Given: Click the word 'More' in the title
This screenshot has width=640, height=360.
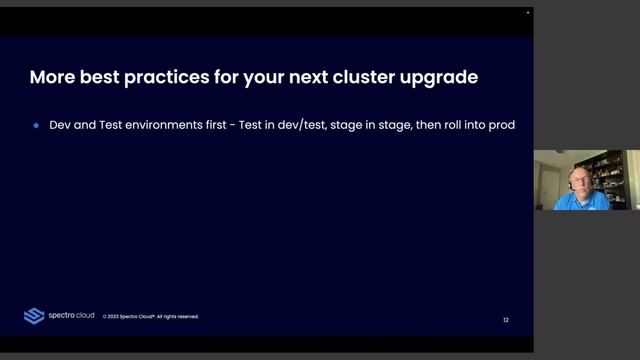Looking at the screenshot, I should [51, 76].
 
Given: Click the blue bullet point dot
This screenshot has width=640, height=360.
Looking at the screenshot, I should [36, 127].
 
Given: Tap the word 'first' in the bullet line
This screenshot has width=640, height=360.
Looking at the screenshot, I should [219, 127].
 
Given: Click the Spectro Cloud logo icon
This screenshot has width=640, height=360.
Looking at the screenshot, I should [34, 316].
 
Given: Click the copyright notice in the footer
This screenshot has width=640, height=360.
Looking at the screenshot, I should [150, 317].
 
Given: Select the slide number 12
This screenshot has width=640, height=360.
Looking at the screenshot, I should [506, 320].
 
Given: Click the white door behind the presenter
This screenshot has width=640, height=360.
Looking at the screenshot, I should [548, 180].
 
